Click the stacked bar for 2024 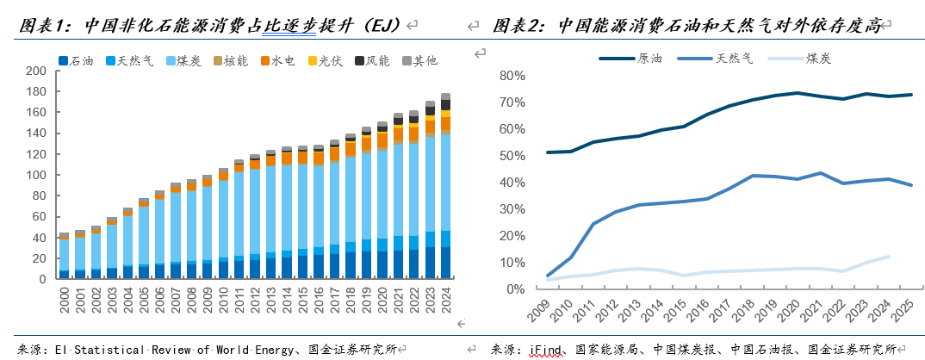[x=445, y=186]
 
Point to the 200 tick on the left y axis [x=36, y=71]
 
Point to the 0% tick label [x=515, y=289]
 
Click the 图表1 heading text [x=43, y=26]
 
